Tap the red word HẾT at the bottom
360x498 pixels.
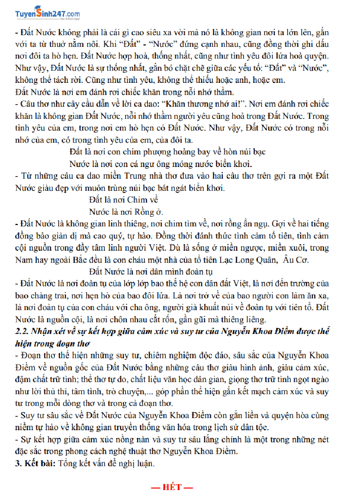172,487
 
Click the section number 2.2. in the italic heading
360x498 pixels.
22,332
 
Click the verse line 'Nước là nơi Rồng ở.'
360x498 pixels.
126,211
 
